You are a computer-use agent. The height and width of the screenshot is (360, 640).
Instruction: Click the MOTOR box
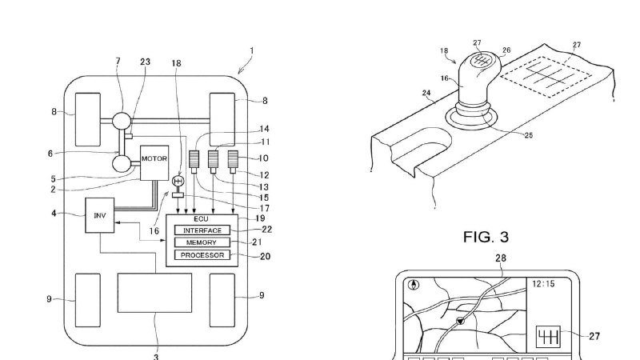pyautogui.click(x=154, y=163)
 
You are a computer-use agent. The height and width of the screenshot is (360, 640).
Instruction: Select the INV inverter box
pyautogui.click(x=99, y=215)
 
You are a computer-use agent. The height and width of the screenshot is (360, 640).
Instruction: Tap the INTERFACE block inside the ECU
pyautogui.click(x=202, y=230)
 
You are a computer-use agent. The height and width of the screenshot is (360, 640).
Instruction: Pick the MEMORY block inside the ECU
pyautogui.click(x=202, y=242)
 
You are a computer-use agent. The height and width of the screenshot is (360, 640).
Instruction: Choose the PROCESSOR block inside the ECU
pyautogui.click(x=202, y=255)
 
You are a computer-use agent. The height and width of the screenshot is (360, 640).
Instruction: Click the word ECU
pyautogui.click(x=202, y=219)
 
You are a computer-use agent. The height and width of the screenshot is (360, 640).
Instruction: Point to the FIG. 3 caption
pyautogui.click(x=486, y=237)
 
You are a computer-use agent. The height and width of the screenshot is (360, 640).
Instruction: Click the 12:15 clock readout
pyautogui.click(x=543, y=284)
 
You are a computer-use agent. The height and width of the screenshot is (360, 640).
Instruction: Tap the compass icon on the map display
pyautogui.click(x=414, y=285)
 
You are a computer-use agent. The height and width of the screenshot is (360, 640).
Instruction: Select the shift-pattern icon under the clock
pyautogui.click(x=548, y=337)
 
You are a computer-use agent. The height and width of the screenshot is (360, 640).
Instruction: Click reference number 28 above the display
pyautogui.click(x=501, y=258)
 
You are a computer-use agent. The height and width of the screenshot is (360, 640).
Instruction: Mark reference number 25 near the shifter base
pyautogui.click(x=529, y=135)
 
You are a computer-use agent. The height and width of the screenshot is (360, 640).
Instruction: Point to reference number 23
pyautogui.click(x=146, y=62)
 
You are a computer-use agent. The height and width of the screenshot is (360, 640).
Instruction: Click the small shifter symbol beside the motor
pyautogui.click(x=178, y=181)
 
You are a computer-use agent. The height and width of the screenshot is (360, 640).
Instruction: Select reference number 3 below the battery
pyautogui.click(x=156, y=357)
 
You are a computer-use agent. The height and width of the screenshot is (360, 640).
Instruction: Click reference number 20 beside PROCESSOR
pyautogui.click(x=266, y=256)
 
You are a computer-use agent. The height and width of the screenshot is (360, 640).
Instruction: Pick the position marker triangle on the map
pyautogui.click(x=461, y=322)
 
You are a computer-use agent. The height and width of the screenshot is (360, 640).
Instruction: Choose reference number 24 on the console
pyautogui.click(x=426, y=93)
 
